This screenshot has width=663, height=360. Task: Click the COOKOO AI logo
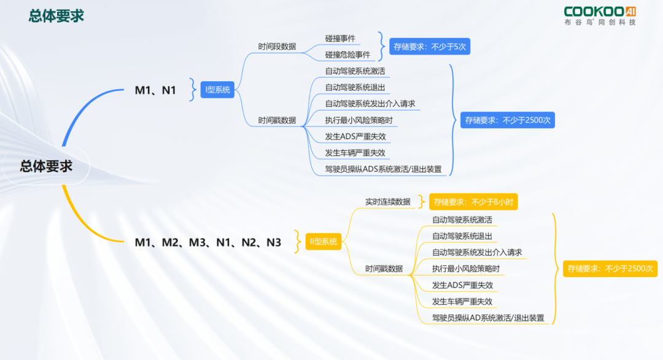tap(600, 15)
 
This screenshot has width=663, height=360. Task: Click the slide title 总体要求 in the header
tap(56, 15)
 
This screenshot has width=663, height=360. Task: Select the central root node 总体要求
tap(46, 166)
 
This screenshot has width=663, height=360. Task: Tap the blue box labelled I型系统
tap(217, 90)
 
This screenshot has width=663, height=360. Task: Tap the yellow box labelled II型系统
tap(324, 241)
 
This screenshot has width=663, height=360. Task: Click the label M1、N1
tap(155, 90)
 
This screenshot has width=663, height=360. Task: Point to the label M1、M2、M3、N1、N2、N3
tap(207, 243)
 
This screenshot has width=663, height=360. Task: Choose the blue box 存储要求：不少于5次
tap(430, 47)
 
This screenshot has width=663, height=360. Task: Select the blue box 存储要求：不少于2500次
tap(508, 120)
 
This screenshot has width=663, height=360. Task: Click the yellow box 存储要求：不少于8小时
tap(473, 202)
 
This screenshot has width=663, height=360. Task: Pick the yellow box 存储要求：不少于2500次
tap(610, 268)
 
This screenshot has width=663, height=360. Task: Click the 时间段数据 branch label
tap(277, 47)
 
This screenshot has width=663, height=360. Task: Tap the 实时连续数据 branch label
tap(388, 202)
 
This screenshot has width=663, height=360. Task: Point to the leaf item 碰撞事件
tap(340, 39)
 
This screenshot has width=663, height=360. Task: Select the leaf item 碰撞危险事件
tap(347, 55)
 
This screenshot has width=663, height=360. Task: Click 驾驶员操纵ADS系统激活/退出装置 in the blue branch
tap(383, 169)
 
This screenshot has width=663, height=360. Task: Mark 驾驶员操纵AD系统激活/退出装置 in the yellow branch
tap(488, 318)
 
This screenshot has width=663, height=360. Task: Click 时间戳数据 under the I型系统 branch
tap(277, 120)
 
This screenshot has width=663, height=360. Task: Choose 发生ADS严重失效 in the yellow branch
tap(462, 285)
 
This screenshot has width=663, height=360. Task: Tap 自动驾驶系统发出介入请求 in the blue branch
tap(370, 104)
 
